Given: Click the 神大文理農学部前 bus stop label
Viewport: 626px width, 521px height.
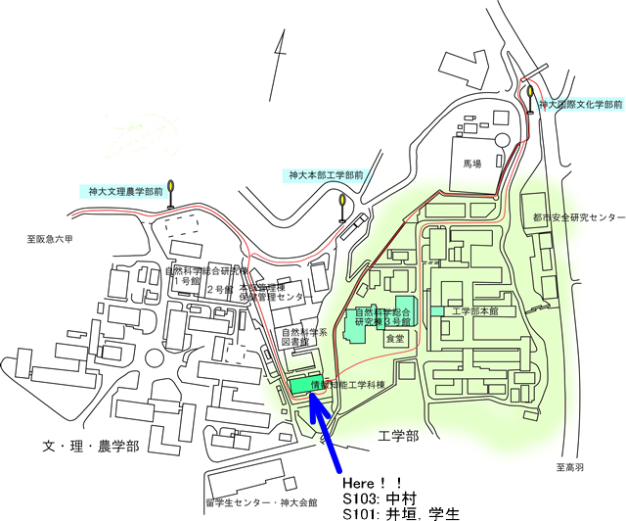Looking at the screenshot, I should [124, 192].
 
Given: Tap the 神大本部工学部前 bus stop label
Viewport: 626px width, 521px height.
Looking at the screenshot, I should [326, 175].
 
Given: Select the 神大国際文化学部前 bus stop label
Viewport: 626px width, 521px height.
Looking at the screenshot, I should [581, 103].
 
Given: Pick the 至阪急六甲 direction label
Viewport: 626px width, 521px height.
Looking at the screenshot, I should [51, 238].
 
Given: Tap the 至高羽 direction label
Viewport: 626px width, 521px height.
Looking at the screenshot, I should [569, 467].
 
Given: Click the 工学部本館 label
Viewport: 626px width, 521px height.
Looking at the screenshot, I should [475, 310].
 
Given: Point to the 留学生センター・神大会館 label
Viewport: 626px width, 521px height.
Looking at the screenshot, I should [261, 502].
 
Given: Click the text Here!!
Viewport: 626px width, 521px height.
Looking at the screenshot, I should [373, 483].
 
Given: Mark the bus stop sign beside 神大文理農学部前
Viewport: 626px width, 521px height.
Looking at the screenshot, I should [170, 187].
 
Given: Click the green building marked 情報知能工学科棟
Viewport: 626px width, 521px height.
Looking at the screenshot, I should [305, 384].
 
